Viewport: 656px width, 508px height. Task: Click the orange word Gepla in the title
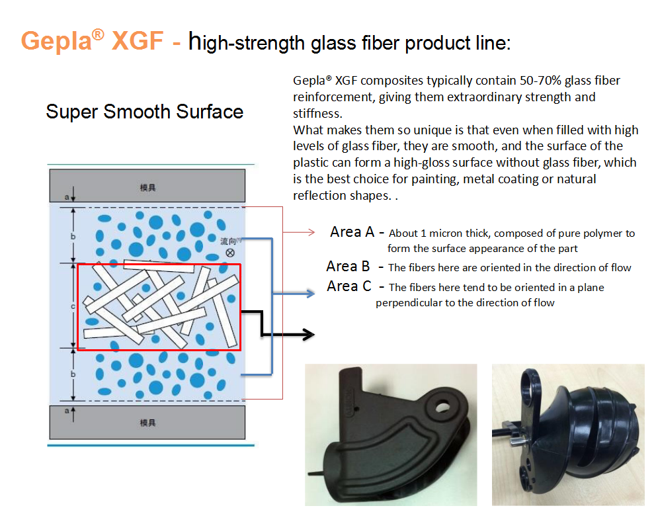tap(56, 41)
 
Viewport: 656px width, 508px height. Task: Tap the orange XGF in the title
tap(138, 40)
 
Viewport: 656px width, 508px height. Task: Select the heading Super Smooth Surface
tap(144, 112)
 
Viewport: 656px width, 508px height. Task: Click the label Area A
tap(352, 232)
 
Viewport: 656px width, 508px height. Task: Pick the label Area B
tap(348, 266)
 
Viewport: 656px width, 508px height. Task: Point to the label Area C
tap(349, 286)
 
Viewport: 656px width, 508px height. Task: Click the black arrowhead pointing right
tap(309, 334)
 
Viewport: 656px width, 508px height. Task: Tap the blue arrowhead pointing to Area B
tap(310, 294)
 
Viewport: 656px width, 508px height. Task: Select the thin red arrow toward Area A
tap(299, 232)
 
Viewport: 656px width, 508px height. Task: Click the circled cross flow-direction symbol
tap(230, 253)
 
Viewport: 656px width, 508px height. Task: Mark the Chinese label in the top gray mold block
tap(147, 188)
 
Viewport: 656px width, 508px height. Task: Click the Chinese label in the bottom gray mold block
tap(147, 423)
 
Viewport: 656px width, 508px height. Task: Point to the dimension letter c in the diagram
tap(73, 307)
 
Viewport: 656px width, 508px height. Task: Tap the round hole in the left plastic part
tap(441, 407)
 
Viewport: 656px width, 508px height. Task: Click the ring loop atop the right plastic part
tap(530, 383)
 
